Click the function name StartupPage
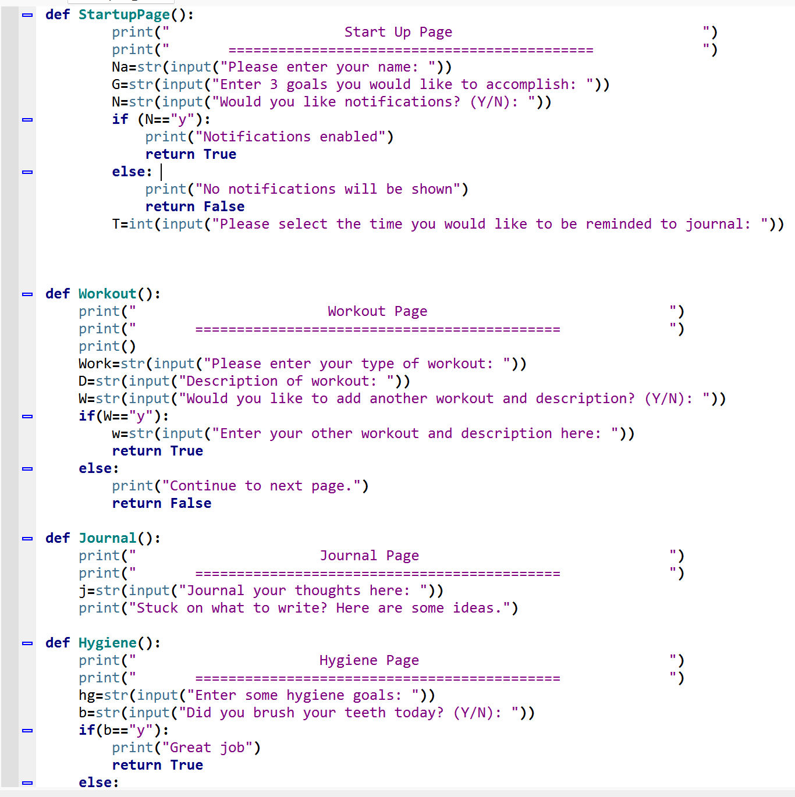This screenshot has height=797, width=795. tap(124, 15)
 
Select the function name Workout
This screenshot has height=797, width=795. tap(107, 294)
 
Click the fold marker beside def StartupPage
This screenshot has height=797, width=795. tap(27, 15)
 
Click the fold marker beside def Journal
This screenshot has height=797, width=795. tap(27, 539)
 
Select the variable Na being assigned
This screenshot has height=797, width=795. tap(120, 67)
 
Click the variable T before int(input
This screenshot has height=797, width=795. tap(116, 224)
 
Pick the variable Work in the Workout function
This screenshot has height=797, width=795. tap(95, 364)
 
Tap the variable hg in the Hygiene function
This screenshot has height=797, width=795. tap(87, 695)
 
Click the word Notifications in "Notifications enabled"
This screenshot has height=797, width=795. tap(257, 137)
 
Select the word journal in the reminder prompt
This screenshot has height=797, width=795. tap(718, 224)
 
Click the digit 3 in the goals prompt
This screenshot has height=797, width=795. tap(274, 84)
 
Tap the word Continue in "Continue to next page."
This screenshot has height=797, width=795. tap(203, 486)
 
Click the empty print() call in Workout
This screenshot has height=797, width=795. tap(107, 346)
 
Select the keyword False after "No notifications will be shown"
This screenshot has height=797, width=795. tap(224, 207)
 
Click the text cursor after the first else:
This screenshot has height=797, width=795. tap(161, 172)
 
